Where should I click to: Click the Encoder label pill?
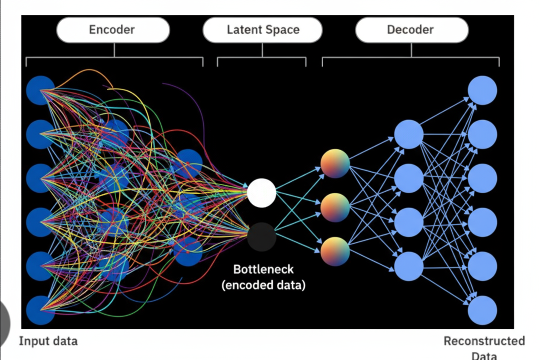point(113,30)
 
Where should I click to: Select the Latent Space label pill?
point(263,30)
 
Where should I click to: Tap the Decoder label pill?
point(412,30)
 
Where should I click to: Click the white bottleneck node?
point(261,193)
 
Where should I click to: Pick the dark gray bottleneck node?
point(261,237)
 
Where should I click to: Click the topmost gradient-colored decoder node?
point(335,164)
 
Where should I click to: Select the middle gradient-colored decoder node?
point(335,207)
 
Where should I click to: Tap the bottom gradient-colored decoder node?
point(335,251)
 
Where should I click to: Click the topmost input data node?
point(41,90)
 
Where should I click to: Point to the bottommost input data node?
point(41,310)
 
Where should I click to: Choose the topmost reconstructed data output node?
point(482,90)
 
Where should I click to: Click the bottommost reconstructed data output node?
point(482,310)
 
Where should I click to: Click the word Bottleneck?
point(263,269)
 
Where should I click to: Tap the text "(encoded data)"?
point(264,285)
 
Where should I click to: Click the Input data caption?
point(48,341)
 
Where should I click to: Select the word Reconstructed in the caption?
point(484,341)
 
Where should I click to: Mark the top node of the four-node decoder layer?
point(409,134)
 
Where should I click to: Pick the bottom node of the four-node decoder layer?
point(409,266)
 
